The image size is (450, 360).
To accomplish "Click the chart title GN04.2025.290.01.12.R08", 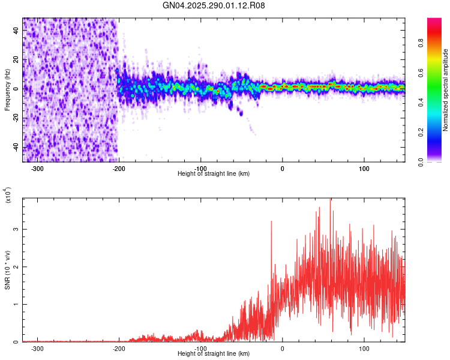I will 214,5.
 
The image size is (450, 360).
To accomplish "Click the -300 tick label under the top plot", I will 37,168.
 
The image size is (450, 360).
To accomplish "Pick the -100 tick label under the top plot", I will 200,168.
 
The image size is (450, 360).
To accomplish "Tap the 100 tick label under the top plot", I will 364,168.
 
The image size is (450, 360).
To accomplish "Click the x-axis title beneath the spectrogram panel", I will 214,174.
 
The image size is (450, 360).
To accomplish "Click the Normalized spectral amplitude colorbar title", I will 445,90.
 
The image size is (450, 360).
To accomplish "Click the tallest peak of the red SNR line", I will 330,200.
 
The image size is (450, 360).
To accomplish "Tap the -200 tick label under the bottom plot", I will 119,348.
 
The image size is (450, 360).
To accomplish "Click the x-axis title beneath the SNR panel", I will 214,354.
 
